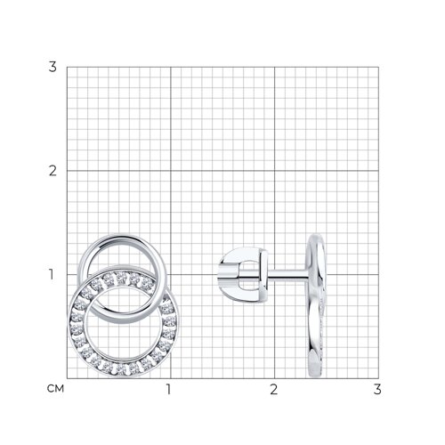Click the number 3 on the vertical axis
53,67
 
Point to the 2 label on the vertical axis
53,171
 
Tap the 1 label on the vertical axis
52,274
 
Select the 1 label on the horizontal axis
169,390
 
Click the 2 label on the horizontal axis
273,390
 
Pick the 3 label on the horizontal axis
377,390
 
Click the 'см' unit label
55,389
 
